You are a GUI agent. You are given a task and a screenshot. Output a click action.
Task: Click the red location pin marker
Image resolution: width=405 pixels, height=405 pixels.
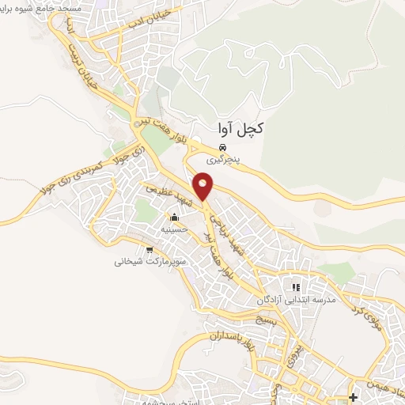coord(205,187)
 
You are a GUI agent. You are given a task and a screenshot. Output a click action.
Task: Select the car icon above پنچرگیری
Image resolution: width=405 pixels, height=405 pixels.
coord(224,148)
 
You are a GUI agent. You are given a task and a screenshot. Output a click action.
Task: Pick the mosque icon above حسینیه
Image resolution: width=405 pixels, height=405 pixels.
coord(173,218)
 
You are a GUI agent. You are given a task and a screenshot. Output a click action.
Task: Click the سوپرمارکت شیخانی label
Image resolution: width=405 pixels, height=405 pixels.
coord(149,260)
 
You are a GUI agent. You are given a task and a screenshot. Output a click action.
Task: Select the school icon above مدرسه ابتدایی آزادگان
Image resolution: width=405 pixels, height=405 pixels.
coord(296,287)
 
